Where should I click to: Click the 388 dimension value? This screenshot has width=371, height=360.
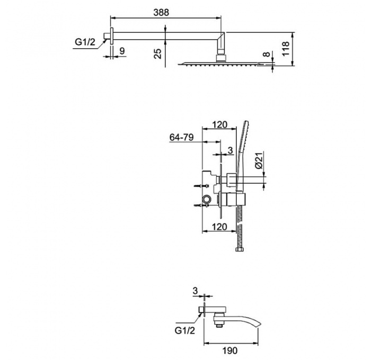click(x=161, y=12)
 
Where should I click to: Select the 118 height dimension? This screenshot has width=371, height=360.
click(x=286, y=49)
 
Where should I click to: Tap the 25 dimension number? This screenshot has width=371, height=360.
click(x=157, y=53)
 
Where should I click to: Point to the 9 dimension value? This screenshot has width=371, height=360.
click(x=122, y=51)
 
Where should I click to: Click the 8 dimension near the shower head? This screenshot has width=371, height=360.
click(x=267, y=54)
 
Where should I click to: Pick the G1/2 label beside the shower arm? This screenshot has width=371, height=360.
click(x=85, y=42)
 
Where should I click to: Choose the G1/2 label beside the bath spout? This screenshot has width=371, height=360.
click(x=185, y=331)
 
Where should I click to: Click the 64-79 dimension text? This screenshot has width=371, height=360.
click(x=181, y=137)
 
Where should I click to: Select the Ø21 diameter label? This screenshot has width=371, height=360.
click(x=259, y=161)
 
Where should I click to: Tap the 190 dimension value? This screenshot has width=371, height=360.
click(x=230, y=350)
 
